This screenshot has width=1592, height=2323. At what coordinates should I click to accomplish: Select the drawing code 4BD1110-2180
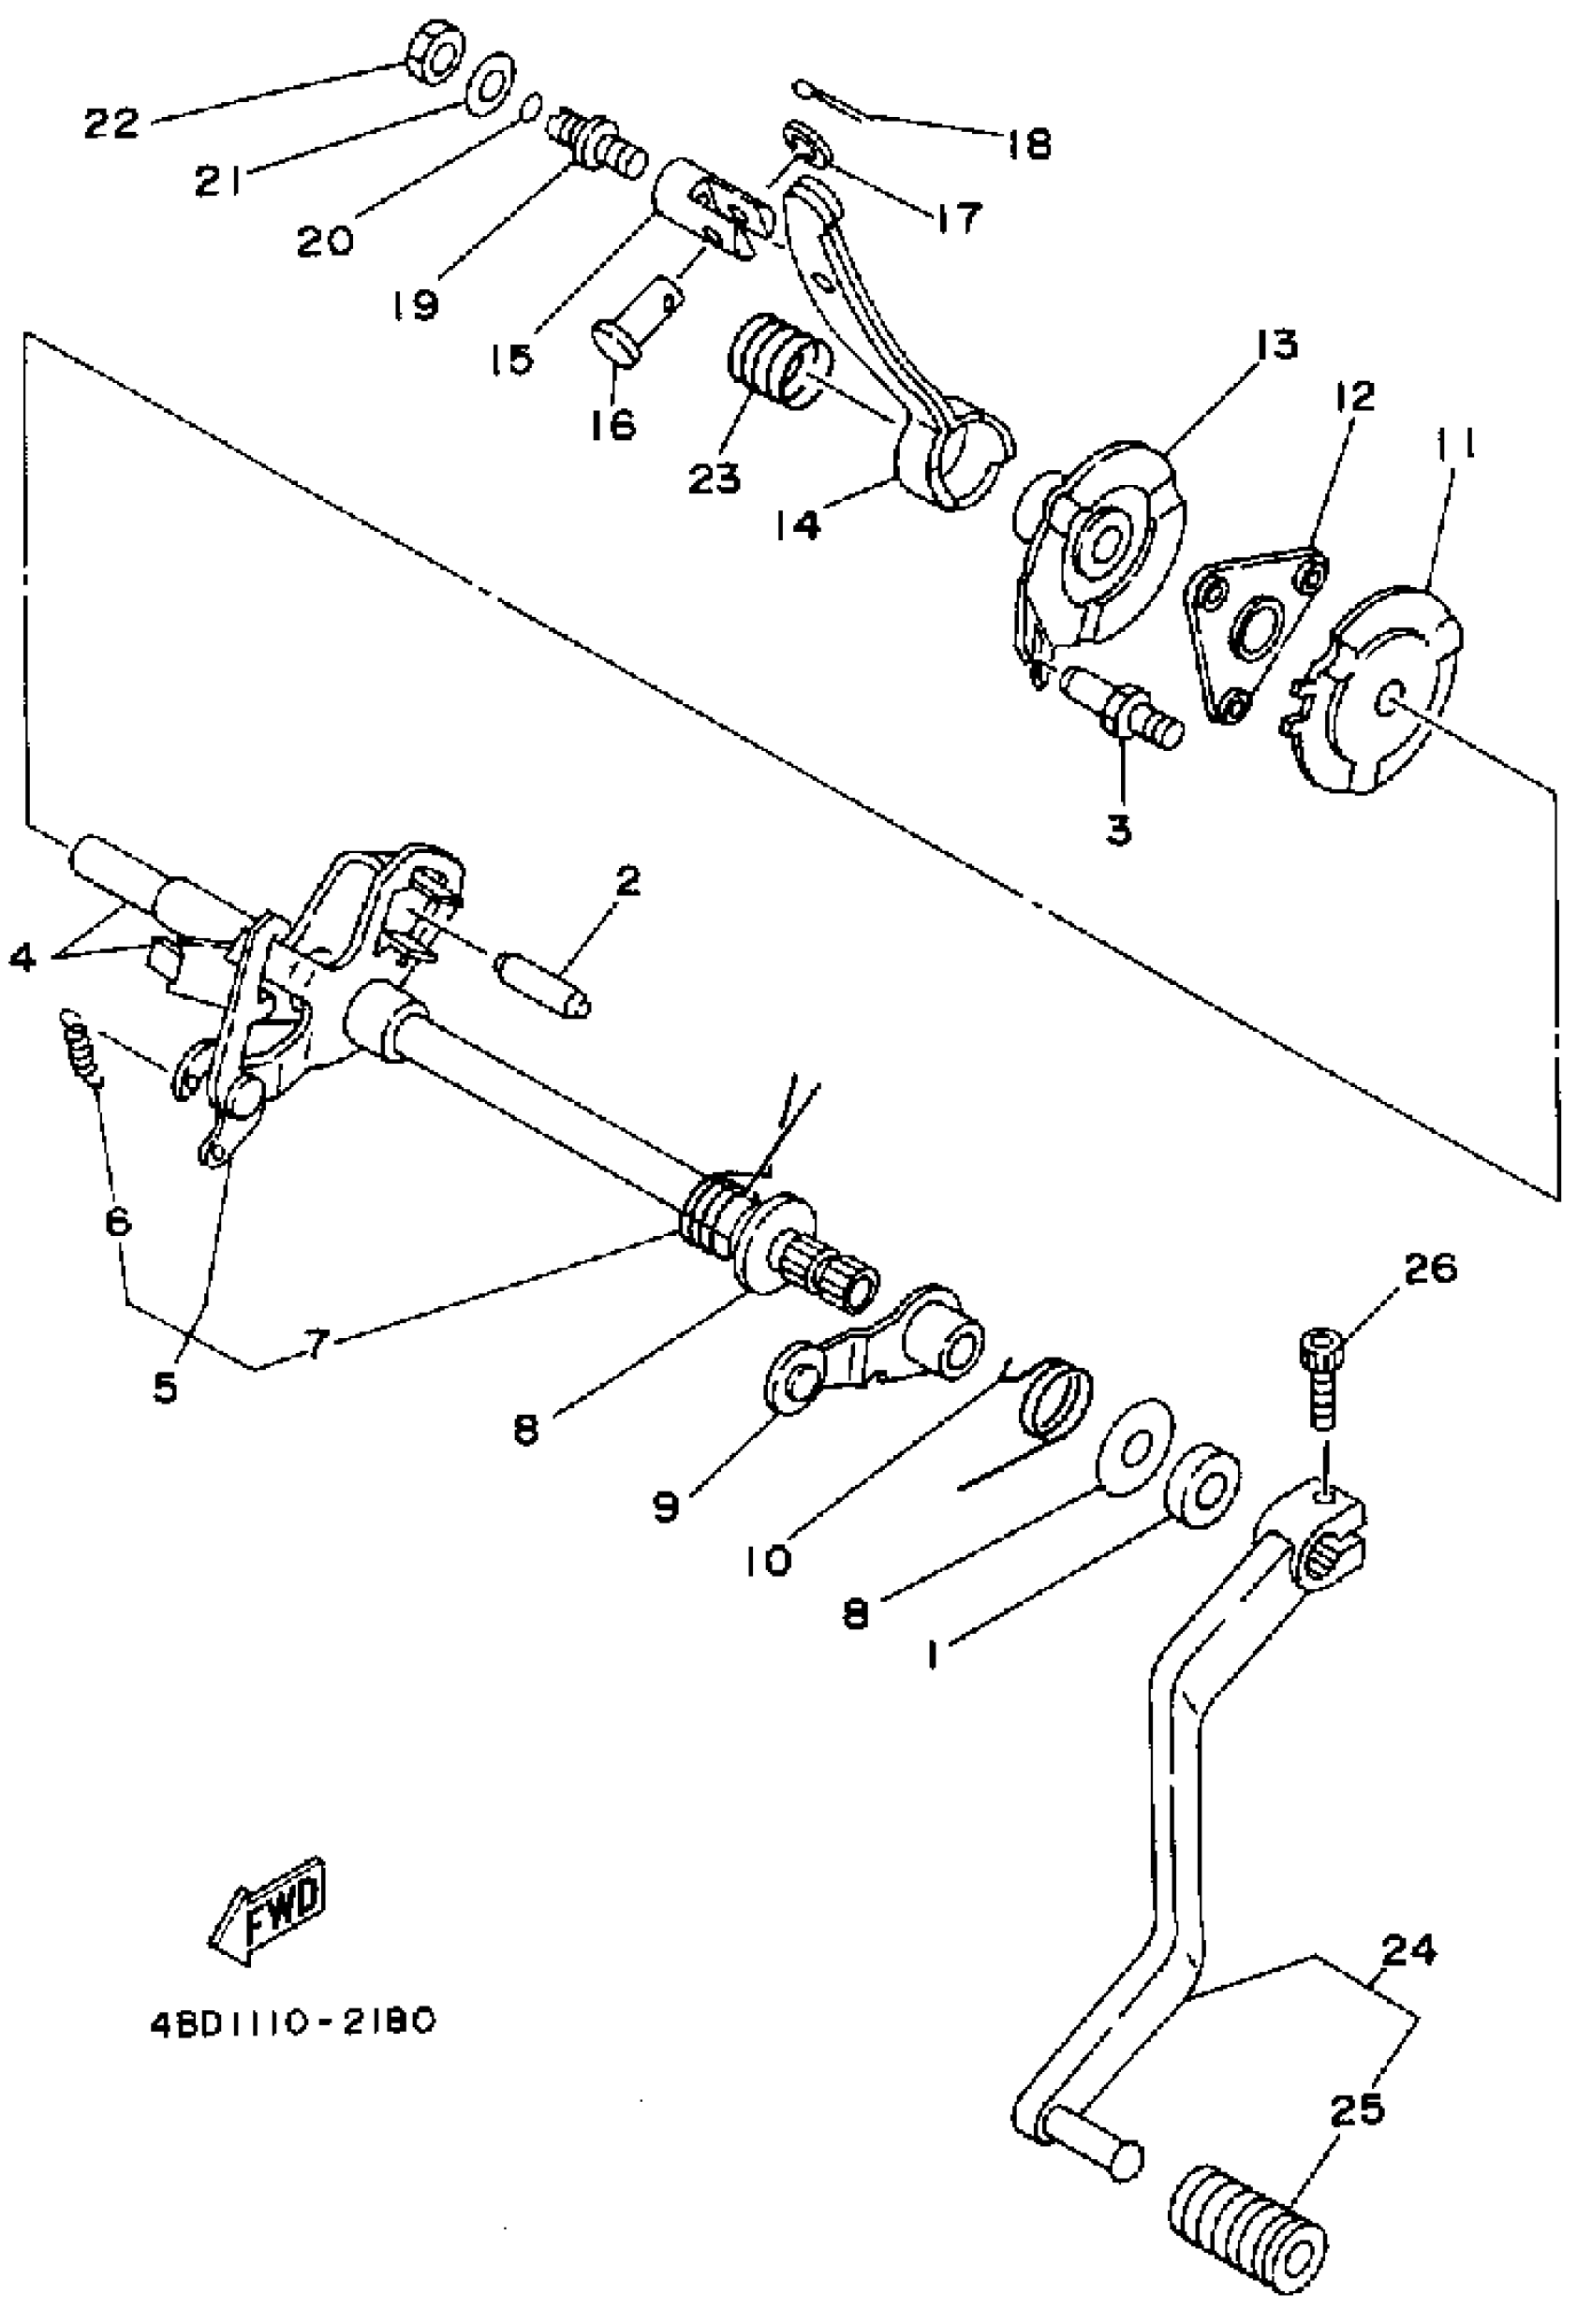[x=293, y=2022]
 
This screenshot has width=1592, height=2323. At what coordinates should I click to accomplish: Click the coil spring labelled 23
[x=777, y=360]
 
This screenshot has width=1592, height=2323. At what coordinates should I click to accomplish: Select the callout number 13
[x=1272, y=345]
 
